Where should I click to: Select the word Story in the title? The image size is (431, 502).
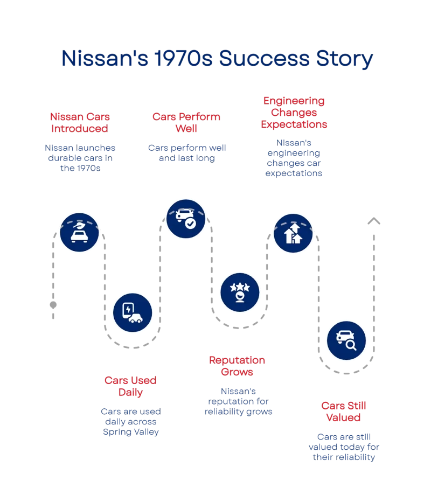(344, 59)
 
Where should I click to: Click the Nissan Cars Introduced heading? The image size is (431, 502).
(79, 123)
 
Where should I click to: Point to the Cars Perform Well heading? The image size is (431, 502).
(186, 123)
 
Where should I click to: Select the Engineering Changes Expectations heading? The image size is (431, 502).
(294, 113)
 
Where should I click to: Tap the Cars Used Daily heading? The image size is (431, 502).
(130, 386)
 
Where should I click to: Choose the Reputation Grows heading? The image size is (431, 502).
(238, 366)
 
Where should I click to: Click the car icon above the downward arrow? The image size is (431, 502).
(79, 232)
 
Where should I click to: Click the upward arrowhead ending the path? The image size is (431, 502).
(374, 222)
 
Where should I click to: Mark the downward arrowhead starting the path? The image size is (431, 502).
(53, 305)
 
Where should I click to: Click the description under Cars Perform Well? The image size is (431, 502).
(186, 153)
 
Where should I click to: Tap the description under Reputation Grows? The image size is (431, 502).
(239, 402)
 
